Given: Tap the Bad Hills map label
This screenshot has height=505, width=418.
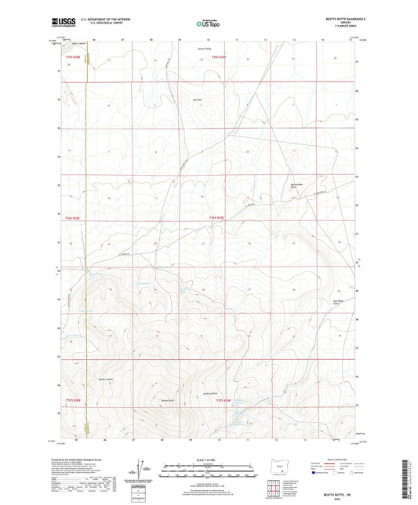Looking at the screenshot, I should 198,100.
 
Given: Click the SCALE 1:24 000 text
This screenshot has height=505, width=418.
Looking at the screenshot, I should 209,459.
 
